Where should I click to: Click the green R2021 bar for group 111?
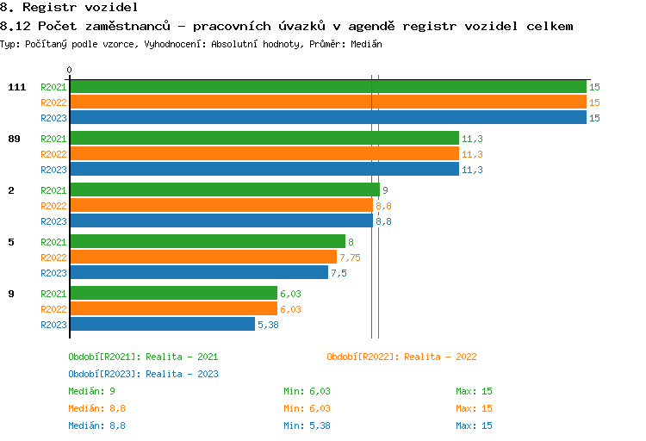tap(327, 87)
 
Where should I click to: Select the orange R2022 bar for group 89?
tap(264, 154)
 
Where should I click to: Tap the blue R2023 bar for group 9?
tap(162, 325)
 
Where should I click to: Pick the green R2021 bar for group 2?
tap(224, 190)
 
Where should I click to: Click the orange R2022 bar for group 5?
tap(202, 258)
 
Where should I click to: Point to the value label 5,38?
tap(268, 325)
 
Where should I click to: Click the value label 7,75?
tap(350, 258)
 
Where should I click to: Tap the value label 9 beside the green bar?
tap(385, 190)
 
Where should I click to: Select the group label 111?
tap(16, 87)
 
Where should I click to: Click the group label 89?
tap(14, 139)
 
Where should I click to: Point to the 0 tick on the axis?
tap(70, 71)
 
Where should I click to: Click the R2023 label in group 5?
tap(53, 273)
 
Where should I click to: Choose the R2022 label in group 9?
tap(53, 309)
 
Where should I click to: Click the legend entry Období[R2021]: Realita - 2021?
tap(143, 357)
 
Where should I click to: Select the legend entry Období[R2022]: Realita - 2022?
tap(401, 357)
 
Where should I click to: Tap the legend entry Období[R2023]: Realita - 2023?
tap(143, 374)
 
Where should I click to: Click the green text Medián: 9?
tap(92, 391)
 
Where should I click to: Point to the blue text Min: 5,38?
tap(307, 425)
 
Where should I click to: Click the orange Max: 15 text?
tap(474, 408)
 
